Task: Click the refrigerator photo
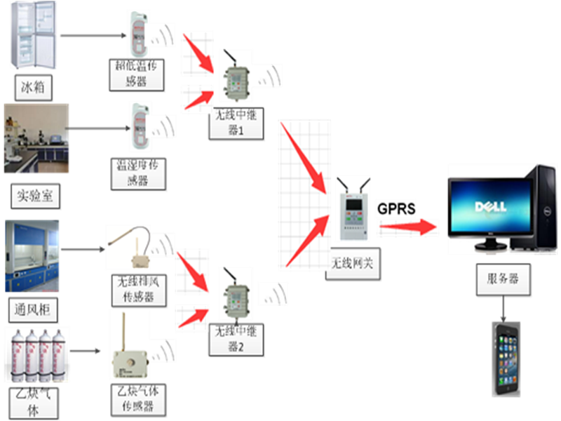point(35,36)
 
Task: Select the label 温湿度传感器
point(139,173)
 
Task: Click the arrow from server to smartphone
point(502,307)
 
